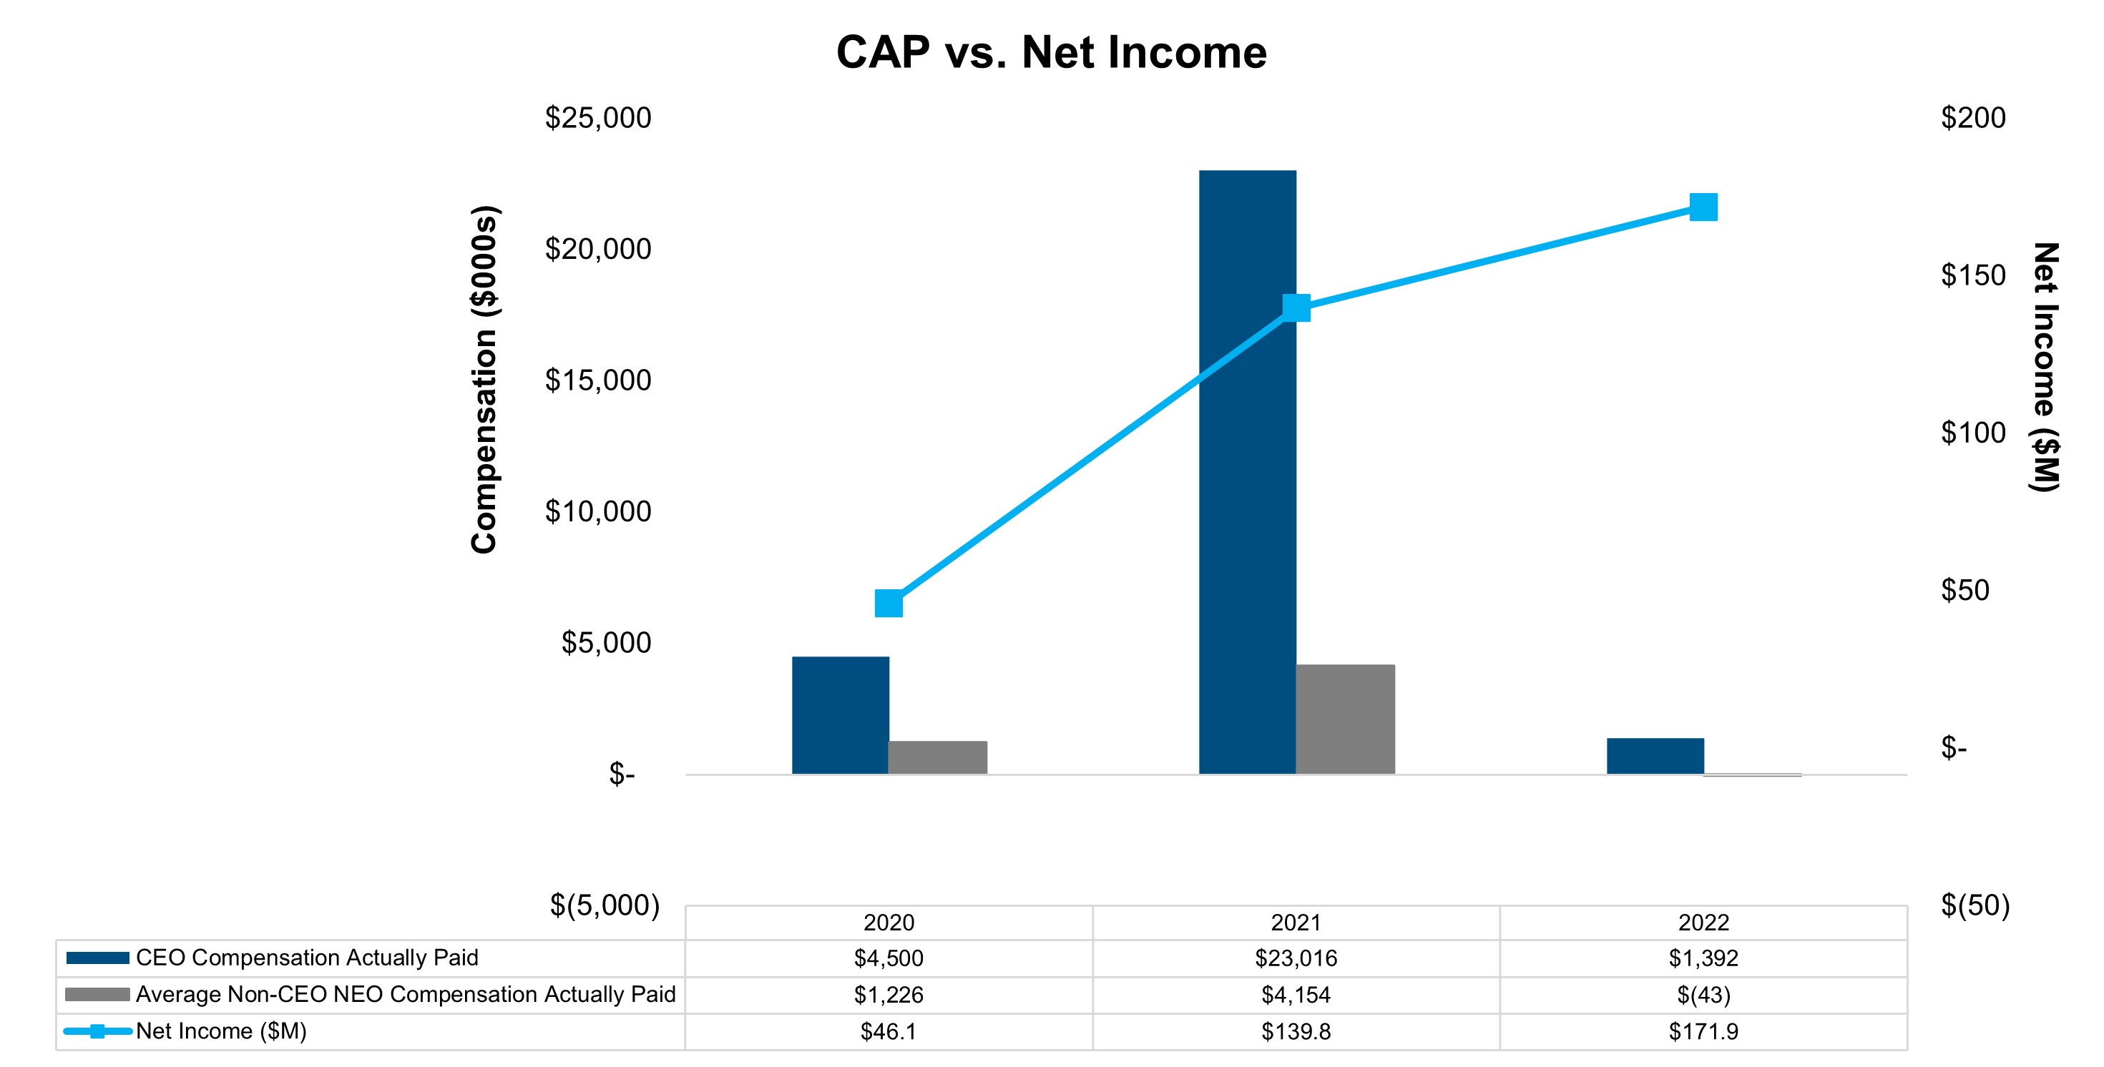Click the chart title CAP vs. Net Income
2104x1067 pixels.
coord(1051,53)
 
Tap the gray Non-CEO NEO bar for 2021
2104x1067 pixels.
coord(1345,719)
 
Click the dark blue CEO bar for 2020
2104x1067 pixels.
coord(841,715)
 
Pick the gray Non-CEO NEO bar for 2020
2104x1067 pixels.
coord(938,757)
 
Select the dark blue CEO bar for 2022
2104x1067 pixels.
coord(1655,756)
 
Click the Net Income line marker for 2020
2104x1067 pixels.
coord(889,604)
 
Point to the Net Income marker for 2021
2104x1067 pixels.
coord(1296,308)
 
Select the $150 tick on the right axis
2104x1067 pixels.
coord(1972,276)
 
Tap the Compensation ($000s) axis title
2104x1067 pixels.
coord(484,380)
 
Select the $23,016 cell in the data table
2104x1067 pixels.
coord(1296,958)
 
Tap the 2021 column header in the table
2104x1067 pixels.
coord(1296,923)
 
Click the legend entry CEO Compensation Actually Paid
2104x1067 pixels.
coord(306,958)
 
